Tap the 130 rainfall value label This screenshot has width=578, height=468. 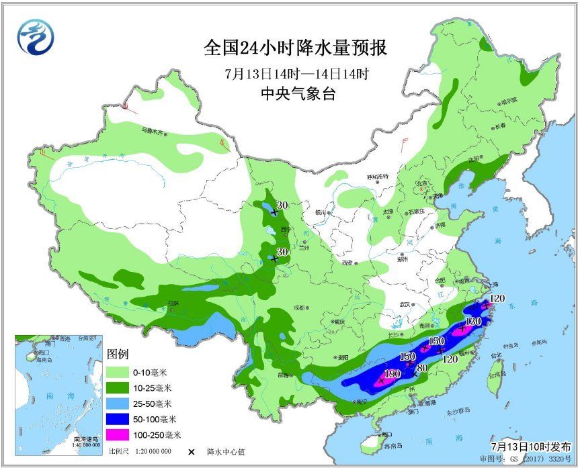click(x=473, y=322)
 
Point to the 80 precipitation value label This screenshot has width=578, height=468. click(x=423, y=367)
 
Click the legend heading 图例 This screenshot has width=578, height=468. click(x=117, y=353)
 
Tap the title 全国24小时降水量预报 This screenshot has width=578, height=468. click(x=296, y=48)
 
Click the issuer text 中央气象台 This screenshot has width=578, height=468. click(x=296, y=95)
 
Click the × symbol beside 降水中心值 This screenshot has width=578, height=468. click(x=192, y=452)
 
